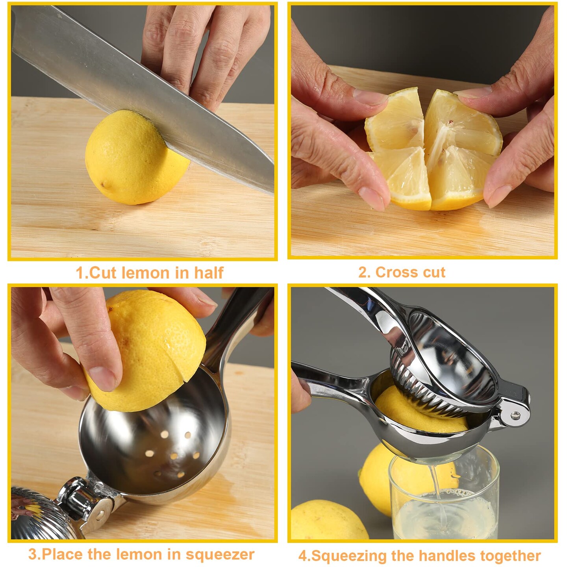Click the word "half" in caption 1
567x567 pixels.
coord(208,272)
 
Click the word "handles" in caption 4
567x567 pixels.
coord(446,556)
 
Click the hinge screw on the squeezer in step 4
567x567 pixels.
coord(515,414)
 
